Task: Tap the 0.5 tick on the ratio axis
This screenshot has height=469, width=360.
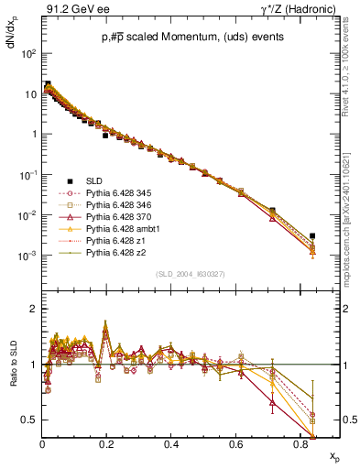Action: coord(33,420)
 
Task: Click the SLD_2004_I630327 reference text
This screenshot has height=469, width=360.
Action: coord(190,274)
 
